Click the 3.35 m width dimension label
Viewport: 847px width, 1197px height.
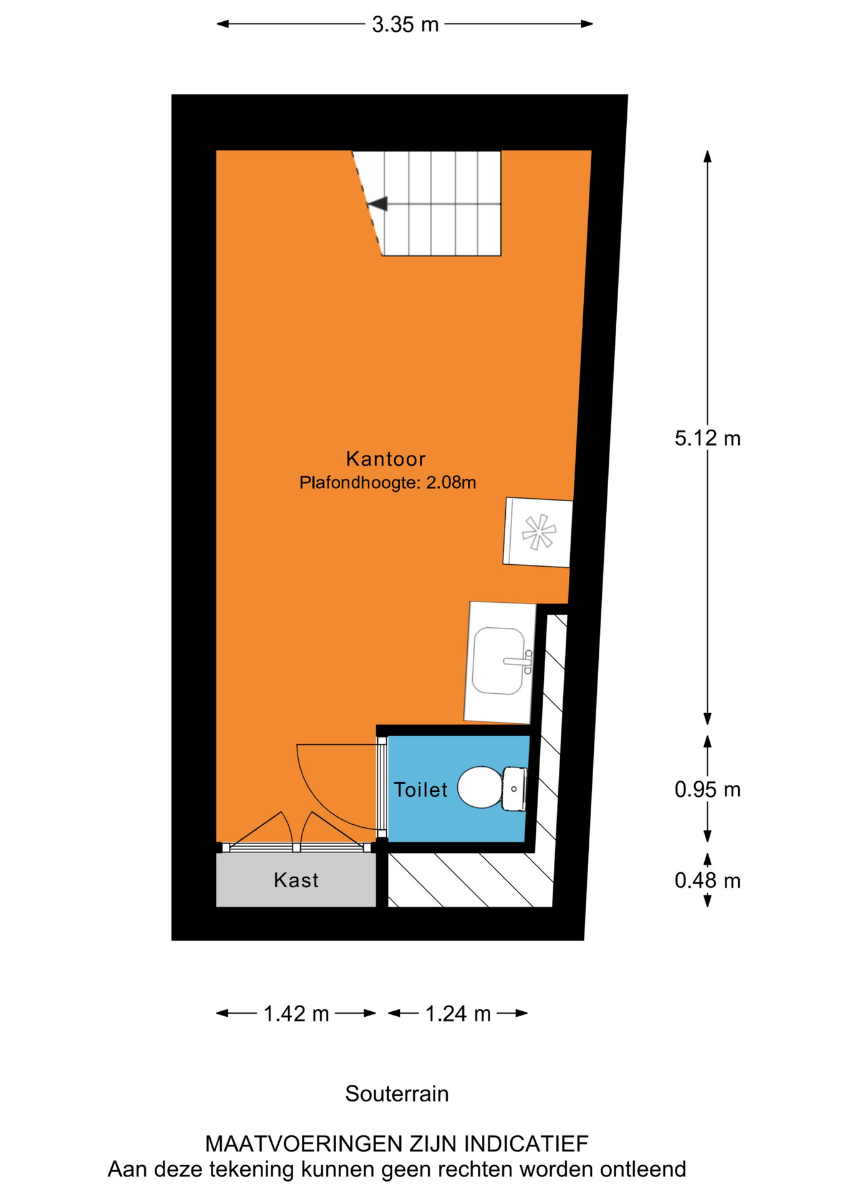point(405,25)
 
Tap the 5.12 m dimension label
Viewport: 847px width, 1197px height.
point(707,438)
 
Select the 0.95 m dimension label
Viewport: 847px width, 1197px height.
point(707,790)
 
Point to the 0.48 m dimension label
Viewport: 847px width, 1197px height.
point(707,881)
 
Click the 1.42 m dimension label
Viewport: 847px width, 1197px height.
point(296,1014)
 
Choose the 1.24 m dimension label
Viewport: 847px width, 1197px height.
point(458,1014)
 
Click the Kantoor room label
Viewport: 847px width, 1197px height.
point(385,459)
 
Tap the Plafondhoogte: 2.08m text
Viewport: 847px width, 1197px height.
point(387,483)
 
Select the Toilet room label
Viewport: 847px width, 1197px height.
point(420,790)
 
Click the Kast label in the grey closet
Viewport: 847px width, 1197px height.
point(296,880)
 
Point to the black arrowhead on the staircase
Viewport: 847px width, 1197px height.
point(377,204)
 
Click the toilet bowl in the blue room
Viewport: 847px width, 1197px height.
point(480,787)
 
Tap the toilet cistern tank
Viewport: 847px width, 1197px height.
point(515,789)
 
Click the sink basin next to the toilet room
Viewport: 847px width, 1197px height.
point(498,661)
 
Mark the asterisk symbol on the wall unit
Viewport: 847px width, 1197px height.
point(539,532)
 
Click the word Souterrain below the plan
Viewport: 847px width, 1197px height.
point(397,1094)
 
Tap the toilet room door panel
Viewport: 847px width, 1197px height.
point(382,787)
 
